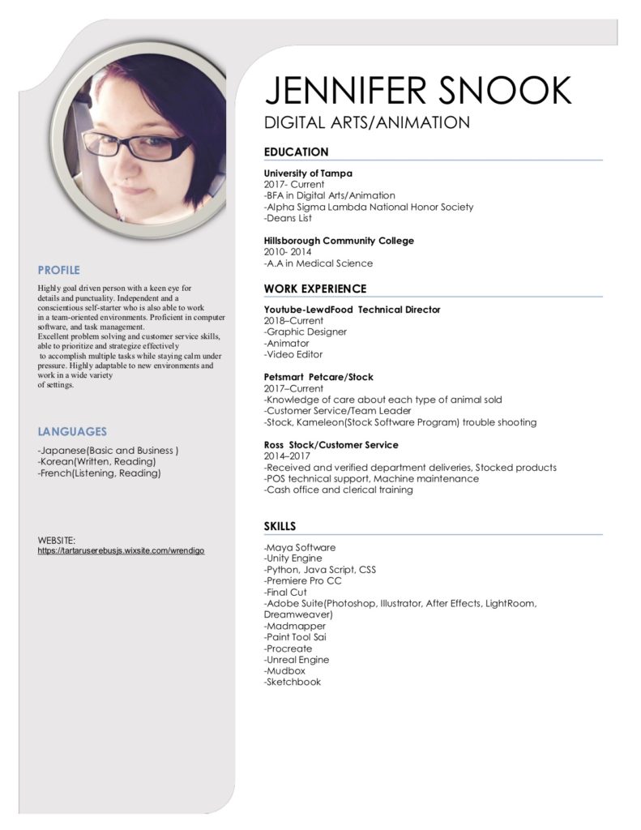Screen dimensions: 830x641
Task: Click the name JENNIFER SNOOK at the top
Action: click(418, 90)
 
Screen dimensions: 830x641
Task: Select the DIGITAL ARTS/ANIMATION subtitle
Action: click(367, 123)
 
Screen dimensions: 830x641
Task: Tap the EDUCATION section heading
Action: click(297, 152)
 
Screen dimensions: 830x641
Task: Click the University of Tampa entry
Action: click(308, 173)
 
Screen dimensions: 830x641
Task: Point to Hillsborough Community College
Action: click(339, 241)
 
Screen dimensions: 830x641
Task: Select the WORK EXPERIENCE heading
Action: click(315, 289)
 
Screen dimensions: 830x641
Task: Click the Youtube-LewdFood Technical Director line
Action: click(352, 310)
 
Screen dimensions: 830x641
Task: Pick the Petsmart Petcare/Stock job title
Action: click(318, 377)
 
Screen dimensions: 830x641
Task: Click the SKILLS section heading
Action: click(280, 526)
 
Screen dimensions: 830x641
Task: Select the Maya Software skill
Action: click(300, 547)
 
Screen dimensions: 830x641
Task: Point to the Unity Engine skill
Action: click(293, 558)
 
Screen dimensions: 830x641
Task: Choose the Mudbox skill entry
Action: click(284, 671)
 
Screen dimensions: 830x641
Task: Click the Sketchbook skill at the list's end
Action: click(293, 682)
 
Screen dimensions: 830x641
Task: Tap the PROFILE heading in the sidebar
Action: click(59, 270)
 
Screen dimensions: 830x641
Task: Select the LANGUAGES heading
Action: click(72, 432)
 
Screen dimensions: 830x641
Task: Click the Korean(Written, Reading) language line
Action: click(96, 461)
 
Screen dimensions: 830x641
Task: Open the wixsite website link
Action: click(121, 550)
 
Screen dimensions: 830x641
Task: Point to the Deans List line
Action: click(288, 218)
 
